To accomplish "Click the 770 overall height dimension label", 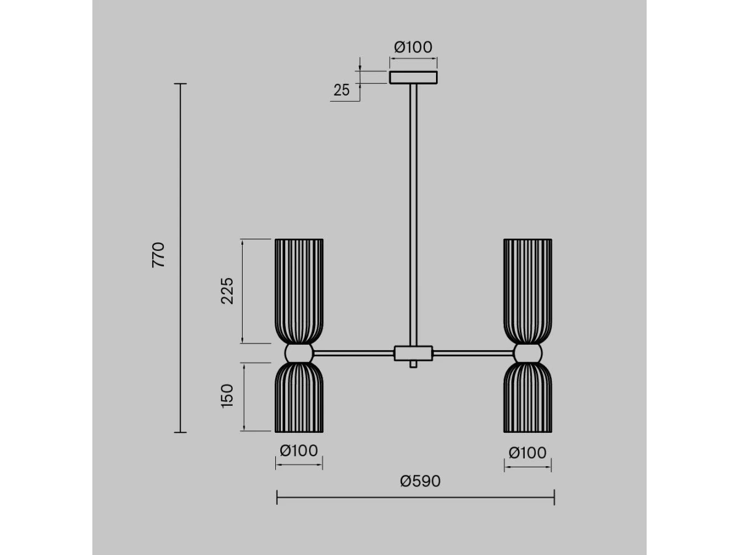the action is [x=158, y=255].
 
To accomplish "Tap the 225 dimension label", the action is [x=227, y=291].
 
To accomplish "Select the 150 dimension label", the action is [x=227, y=396].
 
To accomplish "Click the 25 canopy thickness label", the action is [x=342, y=90].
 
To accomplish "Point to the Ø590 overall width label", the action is [x=420, y=481].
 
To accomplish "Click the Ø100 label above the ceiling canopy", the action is [x=413, y=47].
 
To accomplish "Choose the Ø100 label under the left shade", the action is [x=299, y=451].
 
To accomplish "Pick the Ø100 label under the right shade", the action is [x=528, y=453].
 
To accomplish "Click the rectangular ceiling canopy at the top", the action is [x=413, y=77].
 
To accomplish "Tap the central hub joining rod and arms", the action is [x=413, y=353].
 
